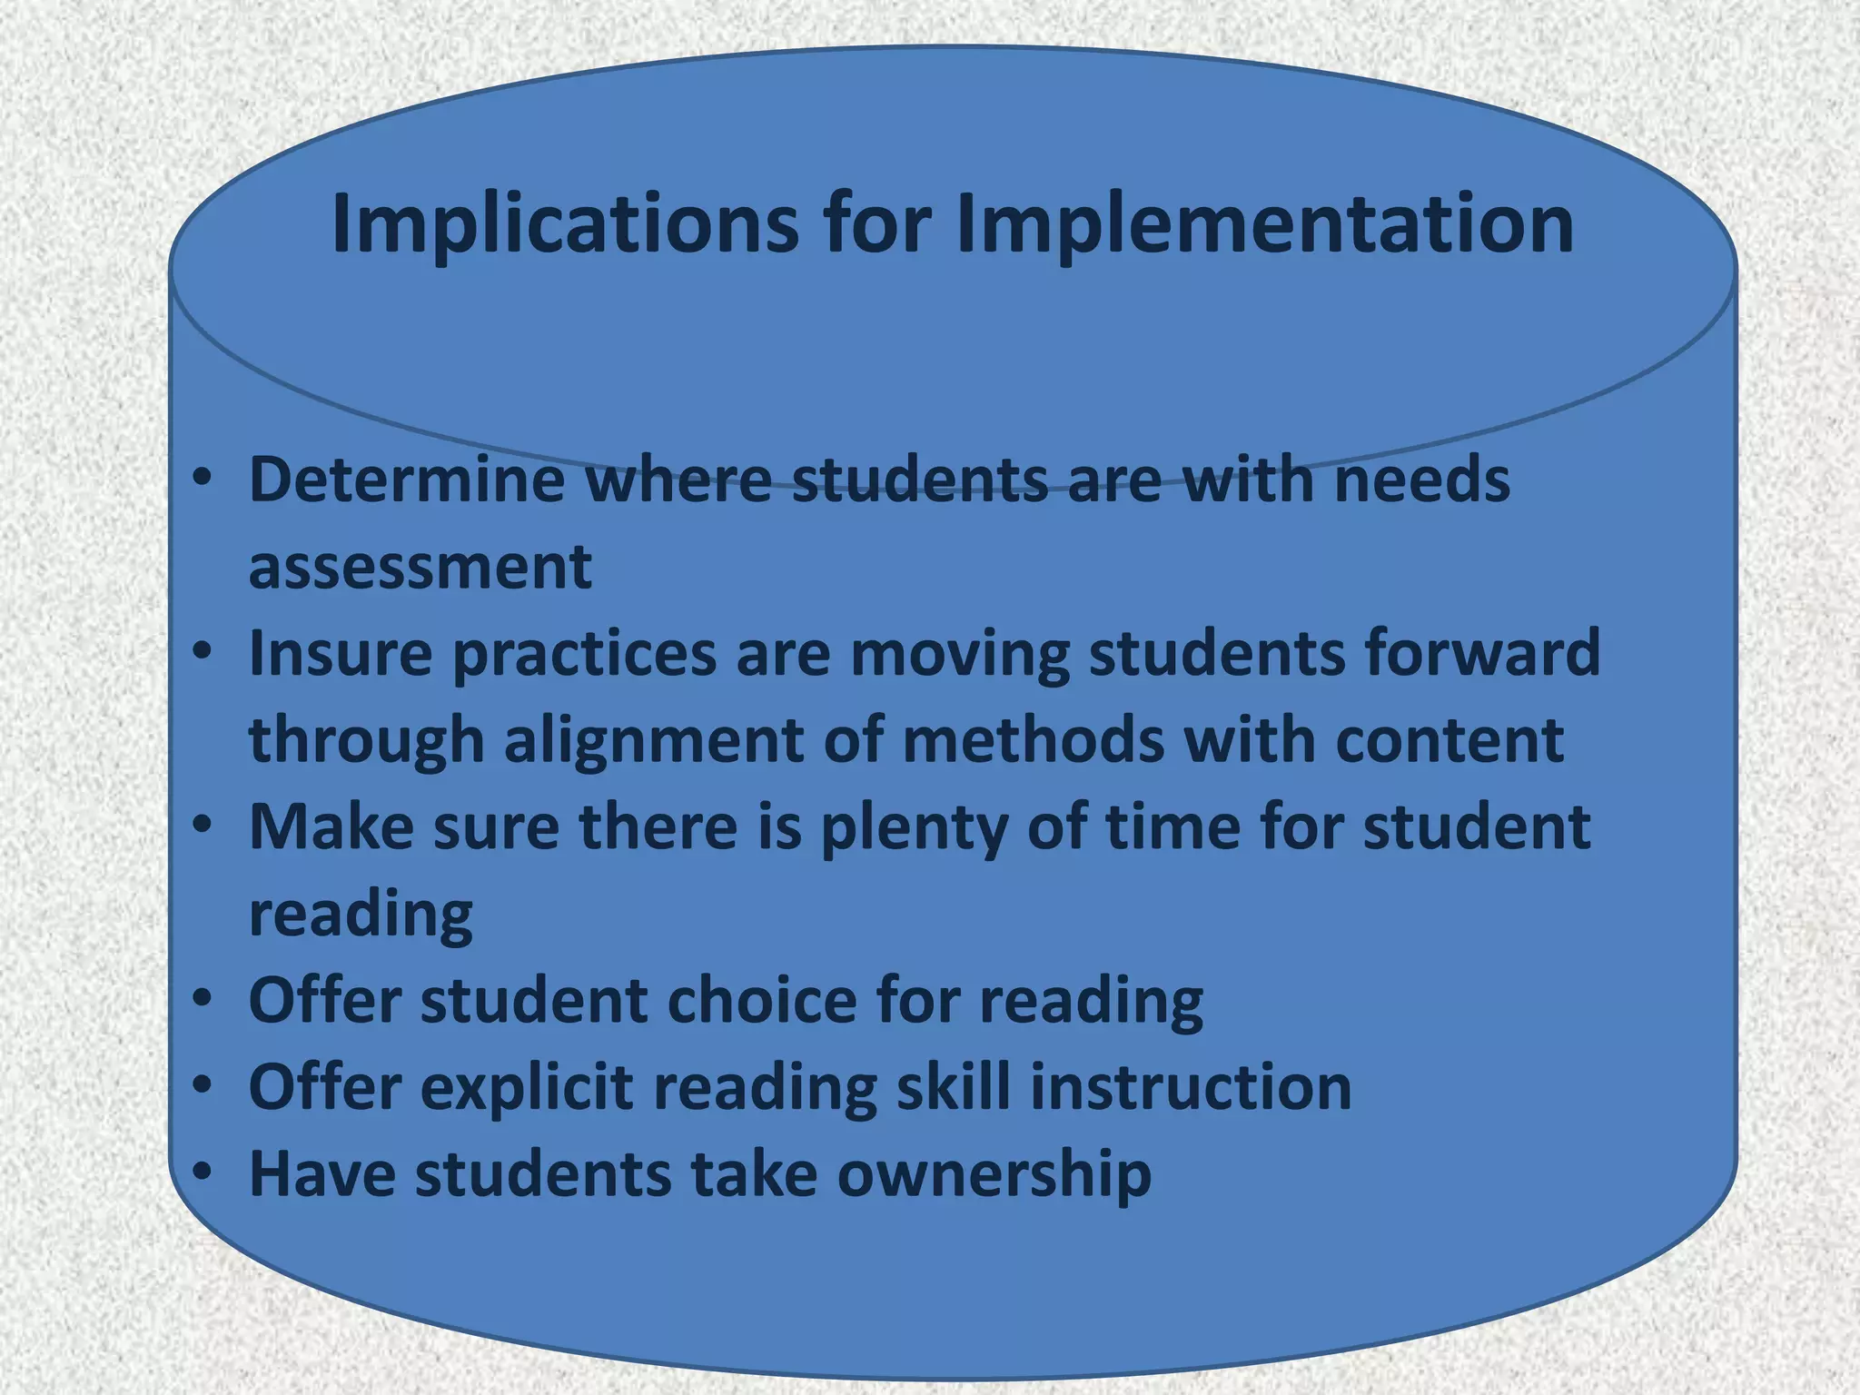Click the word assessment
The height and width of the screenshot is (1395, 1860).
pyautogui.click(x=420, y=566)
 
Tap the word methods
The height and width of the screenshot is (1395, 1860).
pyautogui.click(x=1033, y=739)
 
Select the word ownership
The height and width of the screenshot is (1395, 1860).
pyautogui.click(x=994, y=1174)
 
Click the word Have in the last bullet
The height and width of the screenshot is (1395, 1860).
pyautogui.click(x=322, y=1173)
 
